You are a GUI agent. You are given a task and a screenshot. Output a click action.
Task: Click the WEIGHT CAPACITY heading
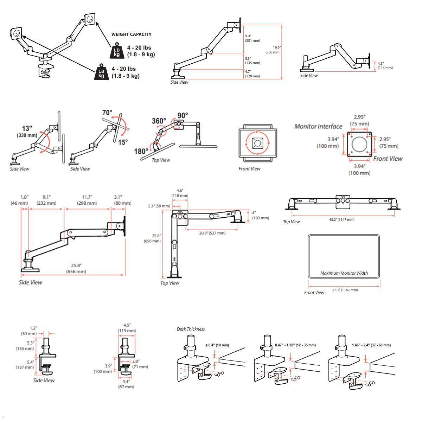pyautogui.click(x=131, y=34)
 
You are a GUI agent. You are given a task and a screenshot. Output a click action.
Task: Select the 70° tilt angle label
pyautogui.click(x=107, y=113)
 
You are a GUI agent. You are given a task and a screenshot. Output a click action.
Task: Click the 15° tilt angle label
pyautogui.click(x=123, y=142)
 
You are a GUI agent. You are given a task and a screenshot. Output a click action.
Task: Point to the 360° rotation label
pyautogui.click(x=159, y=121)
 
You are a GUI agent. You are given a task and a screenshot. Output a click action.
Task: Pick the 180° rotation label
pyautogui.click(x=141, y=151)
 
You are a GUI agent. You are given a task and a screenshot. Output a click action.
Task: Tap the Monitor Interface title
pyautogui.click(x=318, y=126)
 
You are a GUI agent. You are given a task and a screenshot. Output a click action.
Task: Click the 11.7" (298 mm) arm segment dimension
pyautogui.click(x=87, y=200)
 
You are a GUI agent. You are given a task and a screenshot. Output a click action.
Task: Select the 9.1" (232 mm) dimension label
pyautogui.click(x=46, y=200)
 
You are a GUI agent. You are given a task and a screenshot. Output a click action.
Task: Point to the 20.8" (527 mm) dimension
pyautogui.click(x=212, y=233)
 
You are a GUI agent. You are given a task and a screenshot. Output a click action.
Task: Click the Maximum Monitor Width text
pyautogui.click(x=344, y=273)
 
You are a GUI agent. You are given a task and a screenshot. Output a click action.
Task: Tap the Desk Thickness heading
pyautogui.click(x=190, y=329)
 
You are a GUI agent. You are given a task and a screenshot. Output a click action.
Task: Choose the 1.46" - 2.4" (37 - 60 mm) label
pyautogui.click(x=371, y=345)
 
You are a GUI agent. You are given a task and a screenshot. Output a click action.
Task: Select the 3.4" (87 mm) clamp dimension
pyautogui.click(x=126, y=384)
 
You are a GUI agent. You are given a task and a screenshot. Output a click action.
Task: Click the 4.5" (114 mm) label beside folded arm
pyautogui.click(x=385, y=66)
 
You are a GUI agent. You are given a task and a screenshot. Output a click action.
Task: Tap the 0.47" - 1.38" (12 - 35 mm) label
pyautogui.click(x=295, y=345)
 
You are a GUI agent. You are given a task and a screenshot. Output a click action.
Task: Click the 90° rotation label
pyautogui.click(x=183, y=116)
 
